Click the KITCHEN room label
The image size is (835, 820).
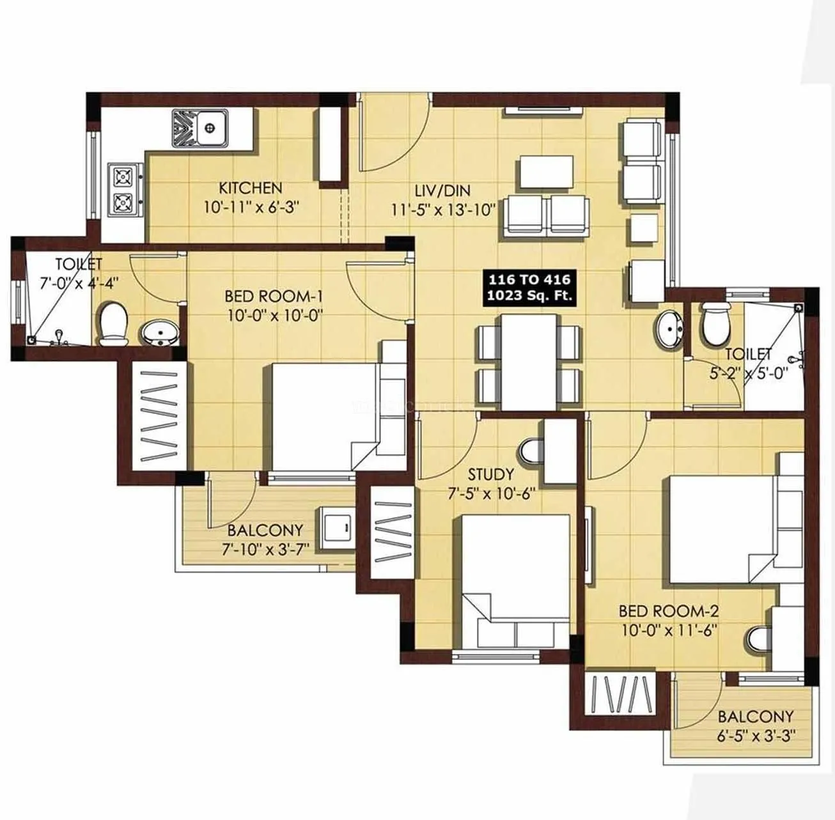[x=250, y=188]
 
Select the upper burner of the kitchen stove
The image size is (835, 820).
[x=121, y=174]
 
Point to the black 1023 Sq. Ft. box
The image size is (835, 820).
[x=531, y=287]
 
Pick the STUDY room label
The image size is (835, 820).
[x=490, y=474]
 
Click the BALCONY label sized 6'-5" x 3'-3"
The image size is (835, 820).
[x=755, y=716]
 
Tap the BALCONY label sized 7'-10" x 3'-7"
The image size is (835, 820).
[x=265, y=530]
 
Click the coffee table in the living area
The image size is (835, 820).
[x=546, y=172]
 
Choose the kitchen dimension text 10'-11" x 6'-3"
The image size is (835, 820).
[x=251, y=207]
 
